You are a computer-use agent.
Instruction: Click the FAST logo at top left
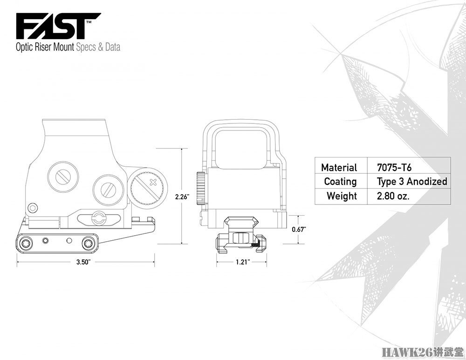(x=58, y=26)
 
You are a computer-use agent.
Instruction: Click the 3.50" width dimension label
(x=83, y=262)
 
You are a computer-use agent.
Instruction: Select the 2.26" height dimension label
(x=182, y=197)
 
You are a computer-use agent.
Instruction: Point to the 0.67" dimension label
(x=299, y=229)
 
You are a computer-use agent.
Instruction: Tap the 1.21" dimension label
(x=243, y=262)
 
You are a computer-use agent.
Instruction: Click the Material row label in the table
(x=339, y=168)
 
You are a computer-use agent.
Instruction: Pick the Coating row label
(x=340, y=182)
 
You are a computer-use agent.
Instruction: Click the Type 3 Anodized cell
(x=412, y=182)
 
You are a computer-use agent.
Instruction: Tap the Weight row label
(x=342, y=196)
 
